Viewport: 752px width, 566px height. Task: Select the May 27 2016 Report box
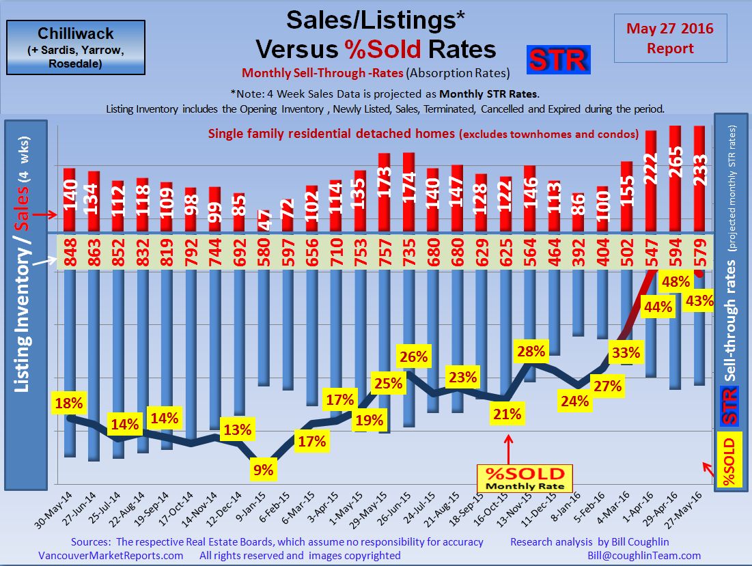(670, 38)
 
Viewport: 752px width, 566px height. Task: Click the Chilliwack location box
(75, 47)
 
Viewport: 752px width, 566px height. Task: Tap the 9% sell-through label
(263, 469)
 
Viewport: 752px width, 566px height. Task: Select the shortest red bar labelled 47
(263, 220)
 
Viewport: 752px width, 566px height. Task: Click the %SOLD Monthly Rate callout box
(524, 478)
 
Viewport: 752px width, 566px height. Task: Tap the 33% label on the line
(626, 353)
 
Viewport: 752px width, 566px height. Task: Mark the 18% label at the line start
(69, 403)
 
